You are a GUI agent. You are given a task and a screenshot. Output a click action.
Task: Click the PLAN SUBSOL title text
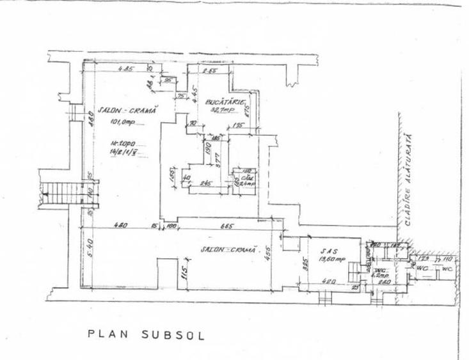[x=147, y=334]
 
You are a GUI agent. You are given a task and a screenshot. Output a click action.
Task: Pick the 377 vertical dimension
[x=217, y=159]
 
